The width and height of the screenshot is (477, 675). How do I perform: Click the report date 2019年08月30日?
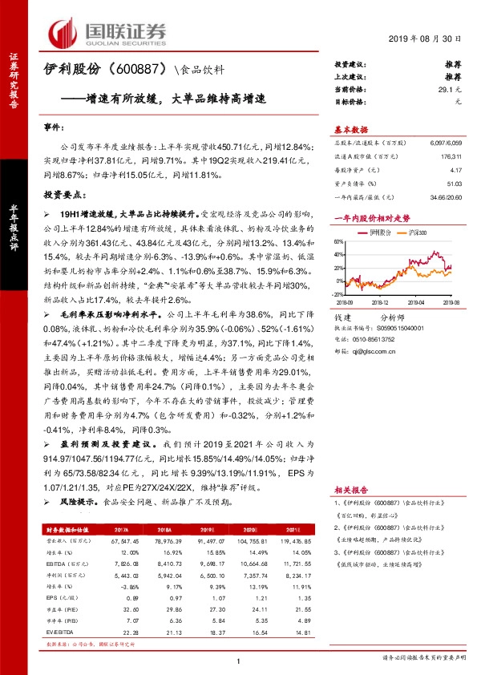[426, 38]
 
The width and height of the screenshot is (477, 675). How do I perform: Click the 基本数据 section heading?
[351, 129]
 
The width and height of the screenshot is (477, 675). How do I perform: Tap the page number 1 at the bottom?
[239, 660]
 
